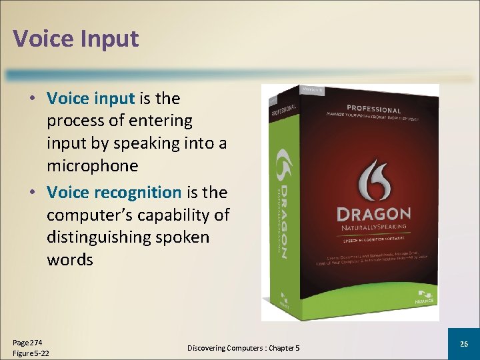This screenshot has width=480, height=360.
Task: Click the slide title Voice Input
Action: tap(75, 38)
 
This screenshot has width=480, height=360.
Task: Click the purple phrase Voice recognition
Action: tap(114, 193)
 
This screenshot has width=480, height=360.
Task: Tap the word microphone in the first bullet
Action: tap(93, 165)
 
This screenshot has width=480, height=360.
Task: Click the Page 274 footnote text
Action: tap(27, 341)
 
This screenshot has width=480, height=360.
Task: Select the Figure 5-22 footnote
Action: tap(31, 353)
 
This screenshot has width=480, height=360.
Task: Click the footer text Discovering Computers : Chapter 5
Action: tap(243, 348)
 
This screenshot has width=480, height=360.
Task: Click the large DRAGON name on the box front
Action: tap(373, 215)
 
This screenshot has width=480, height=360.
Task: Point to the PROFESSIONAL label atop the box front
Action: tap(373, 109)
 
